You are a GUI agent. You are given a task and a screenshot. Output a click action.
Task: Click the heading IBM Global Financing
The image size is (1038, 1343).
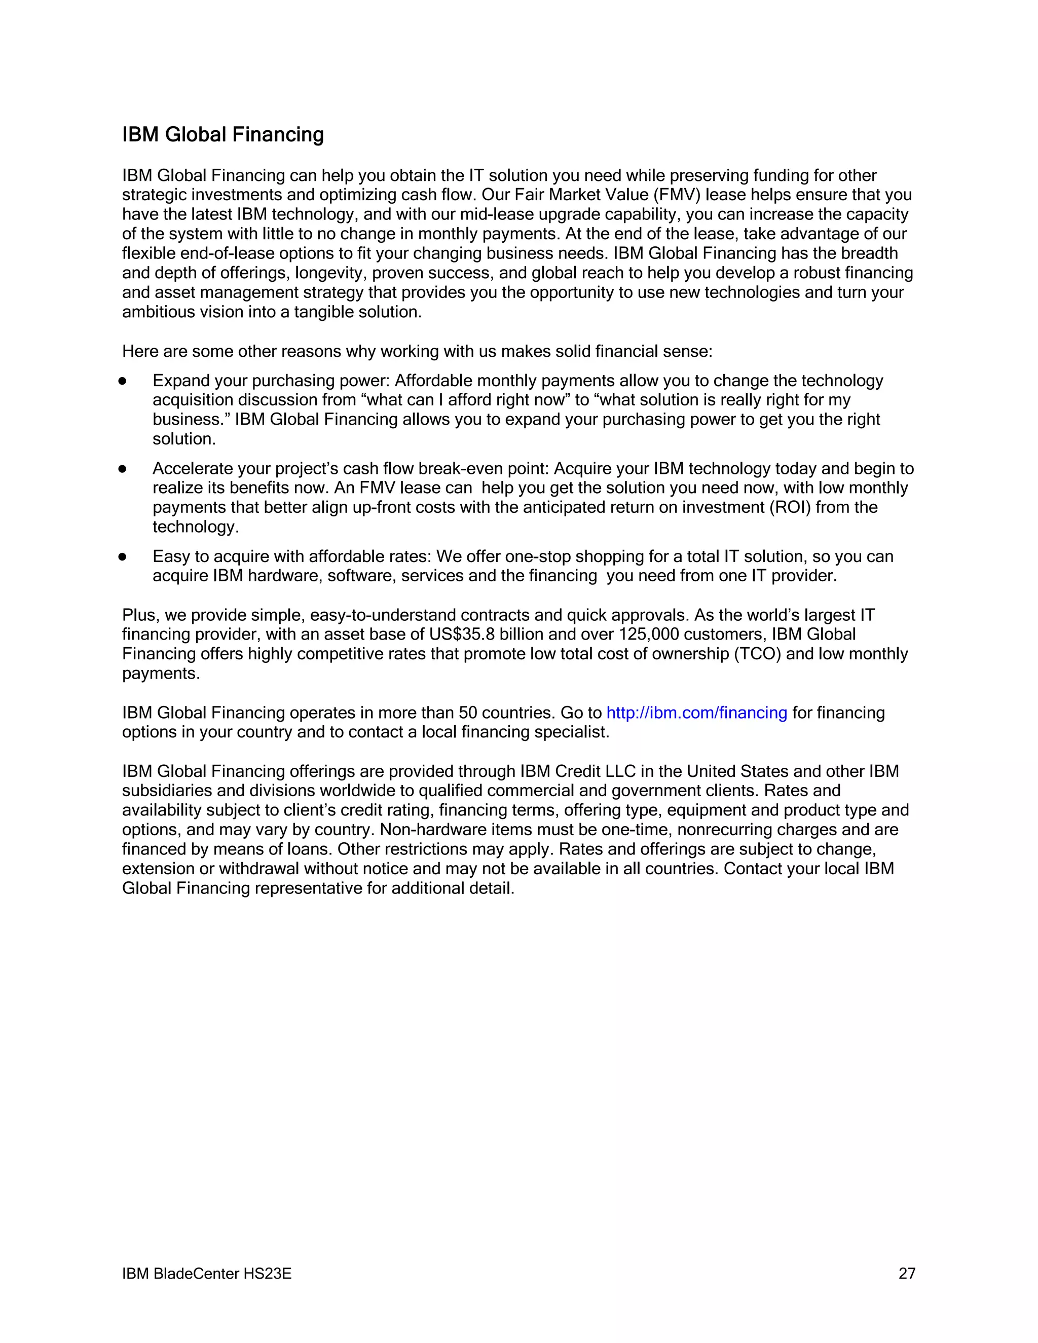[223, 135]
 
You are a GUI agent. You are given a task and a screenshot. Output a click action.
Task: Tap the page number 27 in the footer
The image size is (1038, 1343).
[906, 1273]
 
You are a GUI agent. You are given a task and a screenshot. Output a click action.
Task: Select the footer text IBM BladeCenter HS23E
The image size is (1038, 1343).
[207, 1273]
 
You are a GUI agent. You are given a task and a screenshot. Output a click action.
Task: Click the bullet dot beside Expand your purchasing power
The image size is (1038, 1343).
[122, 381]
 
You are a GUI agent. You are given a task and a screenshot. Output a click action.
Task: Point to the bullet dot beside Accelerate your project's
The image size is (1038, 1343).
[122, 469]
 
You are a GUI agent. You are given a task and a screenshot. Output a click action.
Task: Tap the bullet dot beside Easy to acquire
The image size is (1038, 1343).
[122, 557]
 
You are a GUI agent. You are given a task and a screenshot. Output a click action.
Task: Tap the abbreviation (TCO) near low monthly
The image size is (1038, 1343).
[758, 654]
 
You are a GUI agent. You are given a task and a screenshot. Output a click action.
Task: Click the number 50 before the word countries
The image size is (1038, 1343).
[467, 713]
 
